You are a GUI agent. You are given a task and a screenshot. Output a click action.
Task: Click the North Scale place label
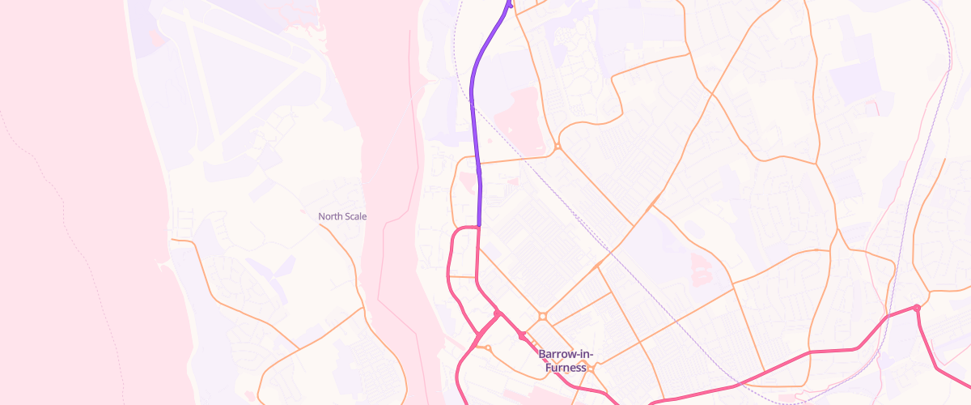[342, 216]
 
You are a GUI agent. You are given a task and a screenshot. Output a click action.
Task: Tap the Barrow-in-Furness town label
[566, 361]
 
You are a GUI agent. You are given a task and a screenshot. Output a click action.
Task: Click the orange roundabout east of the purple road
[558, 147]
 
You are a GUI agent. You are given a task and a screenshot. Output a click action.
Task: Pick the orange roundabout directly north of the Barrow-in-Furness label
[542, 316]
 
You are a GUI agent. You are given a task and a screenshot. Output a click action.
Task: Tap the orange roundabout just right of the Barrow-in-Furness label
[592, 369]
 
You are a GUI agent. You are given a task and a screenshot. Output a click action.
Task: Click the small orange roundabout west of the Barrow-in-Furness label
[487, 348]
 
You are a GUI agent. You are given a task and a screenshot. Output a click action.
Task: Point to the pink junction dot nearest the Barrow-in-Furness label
[522, 335]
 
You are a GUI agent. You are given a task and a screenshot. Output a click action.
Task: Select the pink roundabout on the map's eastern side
[917, 308]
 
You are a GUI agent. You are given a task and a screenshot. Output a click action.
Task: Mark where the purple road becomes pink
[479, 226]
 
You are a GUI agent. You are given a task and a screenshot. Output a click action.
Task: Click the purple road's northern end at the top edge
[510, 3]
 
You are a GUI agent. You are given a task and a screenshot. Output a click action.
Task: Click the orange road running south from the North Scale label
[348, 251]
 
